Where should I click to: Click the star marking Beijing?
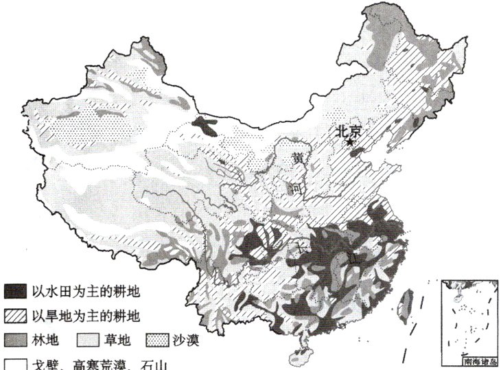(x=350, y=142)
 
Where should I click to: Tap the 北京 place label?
(x=349, y=131)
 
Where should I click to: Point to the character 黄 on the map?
(x=298, y=158)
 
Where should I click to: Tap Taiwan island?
(x=405, y=302)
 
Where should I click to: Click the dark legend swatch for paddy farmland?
(x=15, y=292)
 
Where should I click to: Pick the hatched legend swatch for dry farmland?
(x=15, y=316)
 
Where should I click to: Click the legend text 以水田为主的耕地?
(x=85, y=292)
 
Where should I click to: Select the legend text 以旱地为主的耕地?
(x=85, y=316)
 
